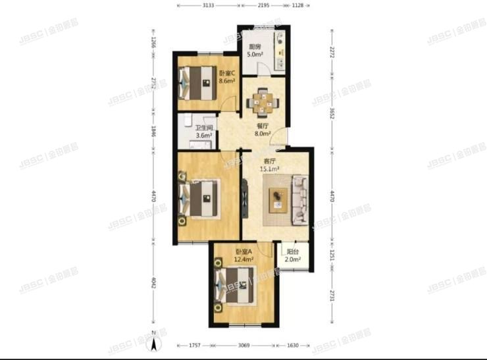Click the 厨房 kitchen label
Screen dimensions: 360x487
253,47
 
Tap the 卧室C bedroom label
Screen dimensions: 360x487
209,73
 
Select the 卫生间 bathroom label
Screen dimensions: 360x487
202,128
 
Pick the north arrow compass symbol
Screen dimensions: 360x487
153,342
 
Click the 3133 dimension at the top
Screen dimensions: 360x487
208,5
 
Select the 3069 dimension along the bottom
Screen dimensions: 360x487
244,346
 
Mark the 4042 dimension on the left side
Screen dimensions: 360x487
153,284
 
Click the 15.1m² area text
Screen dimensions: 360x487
270,168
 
